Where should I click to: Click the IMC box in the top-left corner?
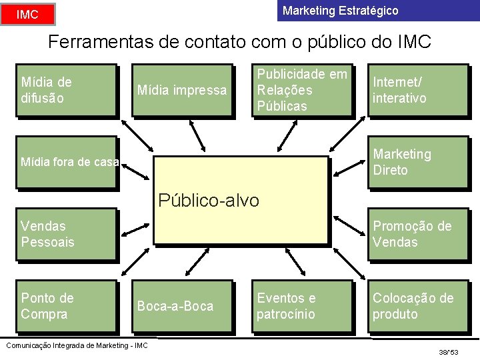click(x=27, y=14)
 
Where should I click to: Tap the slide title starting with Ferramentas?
click(x=240, y=42)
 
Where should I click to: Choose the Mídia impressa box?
click(x=182, y=90)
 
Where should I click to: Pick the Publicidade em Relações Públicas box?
click(x=302, y=90)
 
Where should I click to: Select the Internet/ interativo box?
click(x=419, y=90)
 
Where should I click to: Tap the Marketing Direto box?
click(x=419, y=162)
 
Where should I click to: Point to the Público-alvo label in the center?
click(x=209, y=200)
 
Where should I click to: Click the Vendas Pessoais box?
click(x=65, y=234)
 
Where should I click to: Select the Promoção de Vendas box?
click(x=419, y=234)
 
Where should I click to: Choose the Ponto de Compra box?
click(x=65, y=306)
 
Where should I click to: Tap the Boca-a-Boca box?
click(x=182, y=306)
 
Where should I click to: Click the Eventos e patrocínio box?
click(x=302, y=306)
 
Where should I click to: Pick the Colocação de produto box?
click(x=419, y=306)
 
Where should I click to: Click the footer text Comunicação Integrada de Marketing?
click(x=76, y=345)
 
